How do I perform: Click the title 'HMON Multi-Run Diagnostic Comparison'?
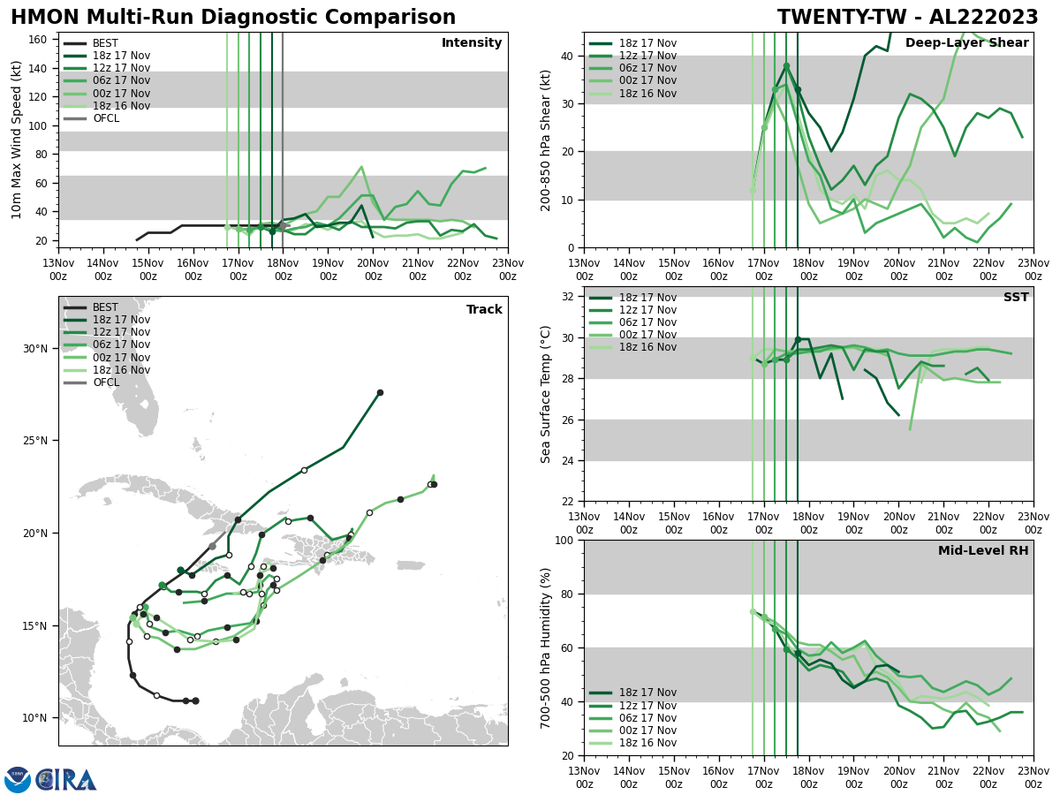233,18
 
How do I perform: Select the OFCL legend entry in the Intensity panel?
105,118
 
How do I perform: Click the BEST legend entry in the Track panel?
105,307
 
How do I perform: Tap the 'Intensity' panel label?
472,43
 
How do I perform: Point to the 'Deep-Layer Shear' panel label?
966,43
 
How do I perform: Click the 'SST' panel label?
1015,298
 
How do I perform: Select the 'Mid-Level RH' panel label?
983,551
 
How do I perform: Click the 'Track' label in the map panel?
484,310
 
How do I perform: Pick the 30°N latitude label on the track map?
35,348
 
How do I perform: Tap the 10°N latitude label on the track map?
35,718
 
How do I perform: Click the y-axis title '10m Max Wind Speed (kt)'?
17,140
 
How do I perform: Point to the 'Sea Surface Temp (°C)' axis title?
546,394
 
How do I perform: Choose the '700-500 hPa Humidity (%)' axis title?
546,647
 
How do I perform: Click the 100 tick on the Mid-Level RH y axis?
566,540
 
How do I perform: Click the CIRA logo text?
67,780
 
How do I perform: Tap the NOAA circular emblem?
18,780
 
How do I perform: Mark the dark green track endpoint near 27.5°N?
380,393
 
